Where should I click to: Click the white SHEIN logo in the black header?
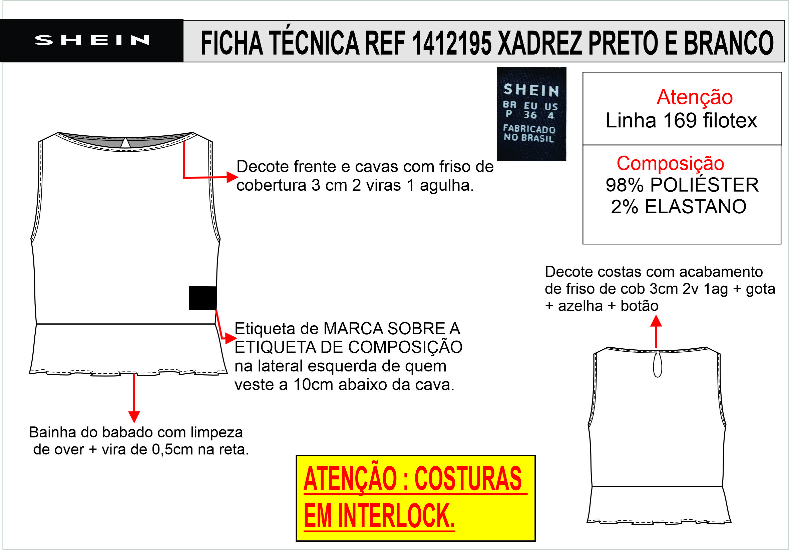pos(92,40)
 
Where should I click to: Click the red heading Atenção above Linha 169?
pos(695,97)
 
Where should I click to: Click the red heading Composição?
pos(670,163)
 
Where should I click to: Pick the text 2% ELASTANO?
pos(679,207)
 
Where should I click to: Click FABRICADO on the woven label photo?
pos(529,129)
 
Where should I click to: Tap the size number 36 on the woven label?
pos(530,115)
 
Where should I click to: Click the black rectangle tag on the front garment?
pos(203,298)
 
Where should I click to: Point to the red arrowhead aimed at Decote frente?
pos(233,177)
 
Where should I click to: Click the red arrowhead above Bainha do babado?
pos(134,417)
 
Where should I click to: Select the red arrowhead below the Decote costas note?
pos(656,321)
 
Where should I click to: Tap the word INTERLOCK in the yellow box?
pos(397,516)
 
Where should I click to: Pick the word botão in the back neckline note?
pos(639,306)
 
